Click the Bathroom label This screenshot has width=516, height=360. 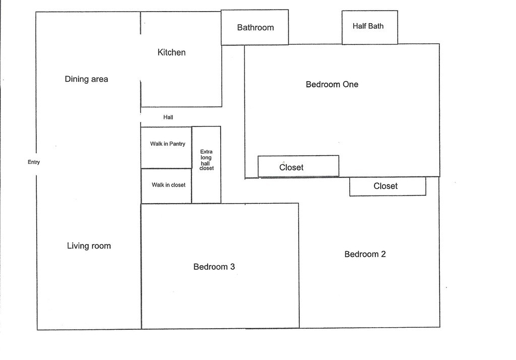click(255, 28)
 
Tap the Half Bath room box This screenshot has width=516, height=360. click(369, 27)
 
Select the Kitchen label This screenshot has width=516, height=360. click(171, 52)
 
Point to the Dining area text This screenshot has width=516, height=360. click(86, 79)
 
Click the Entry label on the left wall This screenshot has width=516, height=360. click(34, 162)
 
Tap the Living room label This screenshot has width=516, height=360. click(89, 246)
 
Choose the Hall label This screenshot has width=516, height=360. click(168, 117)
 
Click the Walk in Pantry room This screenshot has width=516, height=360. click(166, 147)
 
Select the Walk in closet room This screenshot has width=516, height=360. click(166, 186)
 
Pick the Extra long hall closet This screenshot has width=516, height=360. click(206, 164)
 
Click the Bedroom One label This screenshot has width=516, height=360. click(332, 84)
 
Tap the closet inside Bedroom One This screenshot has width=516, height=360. click(298, 166)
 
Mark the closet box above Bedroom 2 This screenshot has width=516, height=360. click(388, 187)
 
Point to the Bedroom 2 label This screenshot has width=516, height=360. click(365, 254)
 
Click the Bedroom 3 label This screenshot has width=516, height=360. click(214, 267)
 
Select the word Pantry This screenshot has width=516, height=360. click(177, 144)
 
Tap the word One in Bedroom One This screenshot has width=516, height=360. click(350, 84)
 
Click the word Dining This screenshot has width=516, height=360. click(77, 79)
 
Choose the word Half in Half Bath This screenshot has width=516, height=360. click(359, 26)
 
